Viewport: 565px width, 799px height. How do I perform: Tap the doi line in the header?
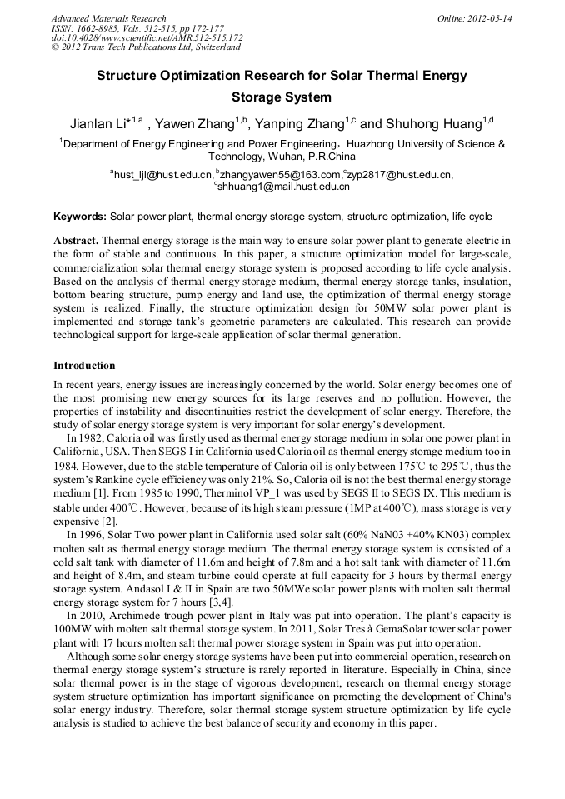click(147, 37)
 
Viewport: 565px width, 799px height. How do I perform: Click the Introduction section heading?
click(84, 366)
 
